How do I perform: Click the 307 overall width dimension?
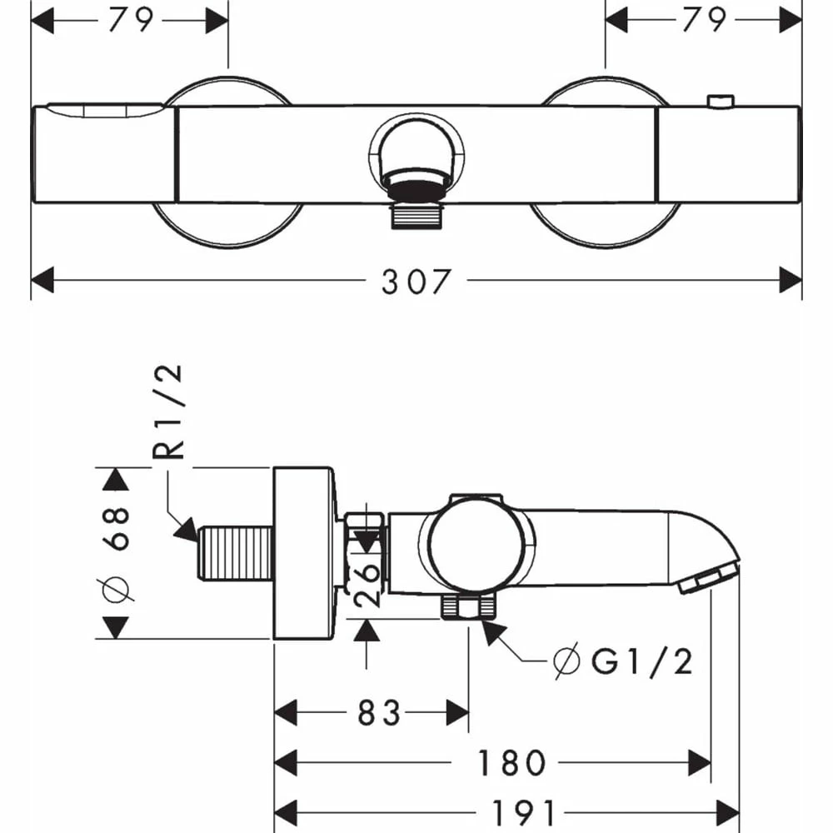416,282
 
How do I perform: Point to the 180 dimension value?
511,762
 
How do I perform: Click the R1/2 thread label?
169,412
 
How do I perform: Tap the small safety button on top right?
717,102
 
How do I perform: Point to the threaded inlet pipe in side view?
236,553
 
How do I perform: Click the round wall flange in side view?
305,553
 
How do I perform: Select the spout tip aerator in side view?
708,577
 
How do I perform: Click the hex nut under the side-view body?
466,607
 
